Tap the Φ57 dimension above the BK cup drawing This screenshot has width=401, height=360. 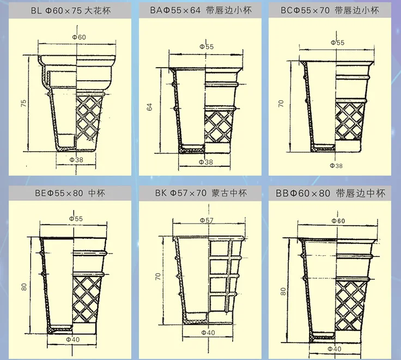pyautogui.click(x=206, y=220)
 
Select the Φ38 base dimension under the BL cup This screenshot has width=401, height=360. pyautogui.click(x=76, y=159)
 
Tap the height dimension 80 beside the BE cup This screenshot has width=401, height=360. pyautogui.click(x=24, y=286)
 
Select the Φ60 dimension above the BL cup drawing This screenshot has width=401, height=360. pyautogui.click(x=79, y=37)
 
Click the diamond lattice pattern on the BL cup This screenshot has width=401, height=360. pyautogui.click(x=90, y=117)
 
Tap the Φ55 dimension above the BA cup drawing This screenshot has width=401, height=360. pyautogui.click(x=206, y=46)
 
